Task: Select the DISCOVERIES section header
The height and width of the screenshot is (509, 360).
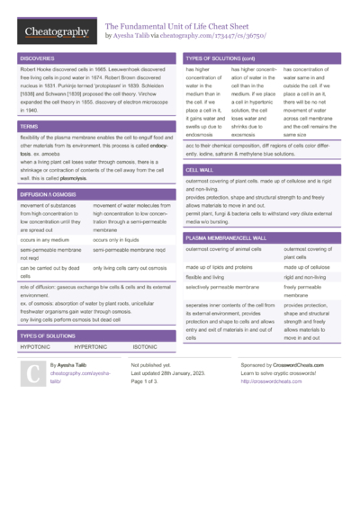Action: (x=36, y=58)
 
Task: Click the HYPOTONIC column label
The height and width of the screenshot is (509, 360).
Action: (x=35, y=346)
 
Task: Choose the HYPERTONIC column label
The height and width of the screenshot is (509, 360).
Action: (x=91, y=346)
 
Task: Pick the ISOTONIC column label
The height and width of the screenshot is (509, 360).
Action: (x=145, y=346)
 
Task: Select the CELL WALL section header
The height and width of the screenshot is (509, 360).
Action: (x=200, y=169)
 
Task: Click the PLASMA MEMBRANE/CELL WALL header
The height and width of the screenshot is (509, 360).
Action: (x=226, y=237)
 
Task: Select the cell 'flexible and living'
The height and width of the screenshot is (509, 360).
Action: (x=204, y=278)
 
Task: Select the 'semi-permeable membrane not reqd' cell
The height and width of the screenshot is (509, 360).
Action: (x=50, y=255)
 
